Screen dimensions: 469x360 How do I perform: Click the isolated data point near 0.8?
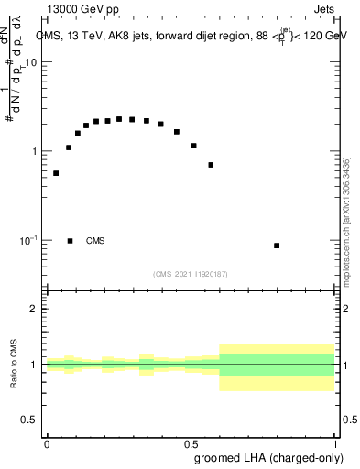(x=277, y=245)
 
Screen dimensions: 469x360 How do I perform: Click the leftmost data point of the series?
(x=56, y=173)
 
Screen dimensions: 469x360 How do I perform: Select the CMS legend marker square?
(x=71, y=241)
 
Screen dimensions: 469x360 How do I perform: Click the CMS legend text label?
(x=95, y=241)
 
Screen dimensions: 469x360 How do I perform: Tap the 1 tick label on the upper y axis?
(x=34, y=151)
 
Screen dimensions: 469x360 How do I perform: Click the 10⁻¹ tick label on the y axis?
(x=29, y=240)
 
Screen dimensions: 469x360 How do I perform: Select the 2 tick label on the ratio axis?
(x=34, y=309)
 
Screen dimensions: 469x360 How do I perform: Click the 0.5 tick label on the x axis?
(x=191, y=443)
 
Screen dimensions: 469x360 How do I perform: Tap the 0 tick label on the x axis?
(x=47, y=443)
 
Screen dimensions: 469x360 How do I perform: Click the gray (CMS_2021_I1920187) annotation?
(x=191, y=274)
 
